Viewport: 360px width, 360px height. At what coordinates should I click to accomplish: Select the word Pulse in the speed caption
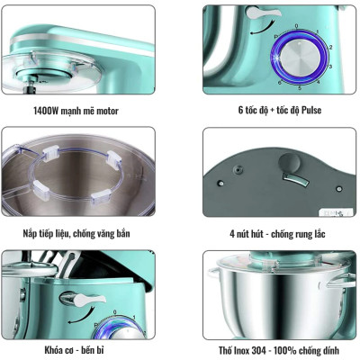click(310, 111)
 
